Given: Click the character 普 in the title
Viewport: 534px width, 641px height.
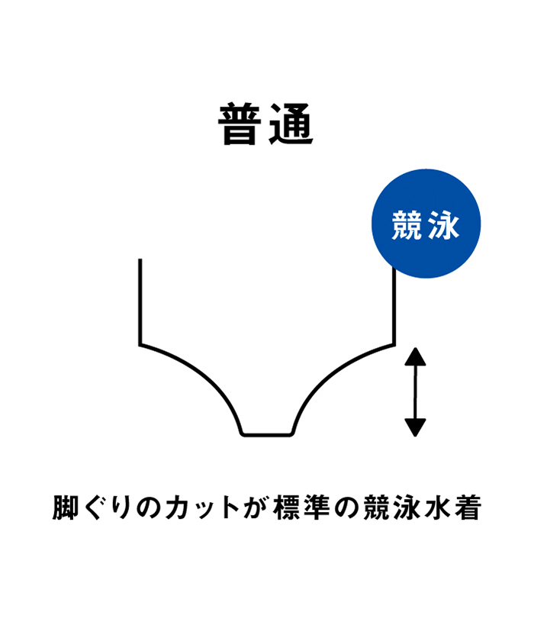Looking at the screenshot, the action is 240,124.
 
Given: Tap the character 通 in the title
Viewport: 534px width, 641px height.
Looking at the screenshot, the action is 291,124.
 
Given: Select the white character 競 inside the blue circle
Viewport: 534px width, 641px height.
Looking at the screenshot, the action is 407,225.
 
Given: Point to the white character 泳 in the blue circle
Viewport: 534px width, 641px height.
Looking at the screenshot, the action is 444,225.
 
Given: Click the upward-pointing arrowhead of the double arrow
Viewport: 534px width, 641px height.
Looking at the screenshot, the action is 415,357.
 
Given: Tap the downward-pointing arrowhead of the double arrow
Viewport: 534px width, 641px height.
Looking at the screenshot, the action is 415,427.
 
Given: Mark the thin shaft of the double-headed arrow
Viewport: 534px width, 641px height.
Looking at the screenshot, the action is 415,392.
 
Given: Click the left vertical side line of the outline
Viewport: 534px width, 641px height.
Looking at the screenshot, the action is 140,301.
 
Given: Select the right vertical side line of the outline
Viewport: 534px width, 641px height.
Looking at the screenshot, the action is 394,306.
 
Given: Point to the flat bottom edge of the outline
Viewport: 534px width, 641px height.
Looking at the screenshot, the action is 267,434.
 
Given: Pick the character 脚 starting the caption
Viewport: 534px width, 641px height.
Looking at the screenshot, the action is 65,507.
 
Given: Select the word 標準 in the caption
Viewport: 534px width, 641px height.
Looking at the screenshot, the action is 302,507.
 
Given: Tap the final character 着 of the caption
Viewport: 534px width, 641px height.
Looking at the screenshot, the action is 468,507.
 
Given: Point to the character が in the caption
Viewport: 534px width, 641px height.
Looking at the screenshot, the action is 256,507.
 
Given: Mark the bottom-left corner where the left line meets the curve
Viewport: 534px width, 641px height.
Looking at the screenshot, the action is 140,345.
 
